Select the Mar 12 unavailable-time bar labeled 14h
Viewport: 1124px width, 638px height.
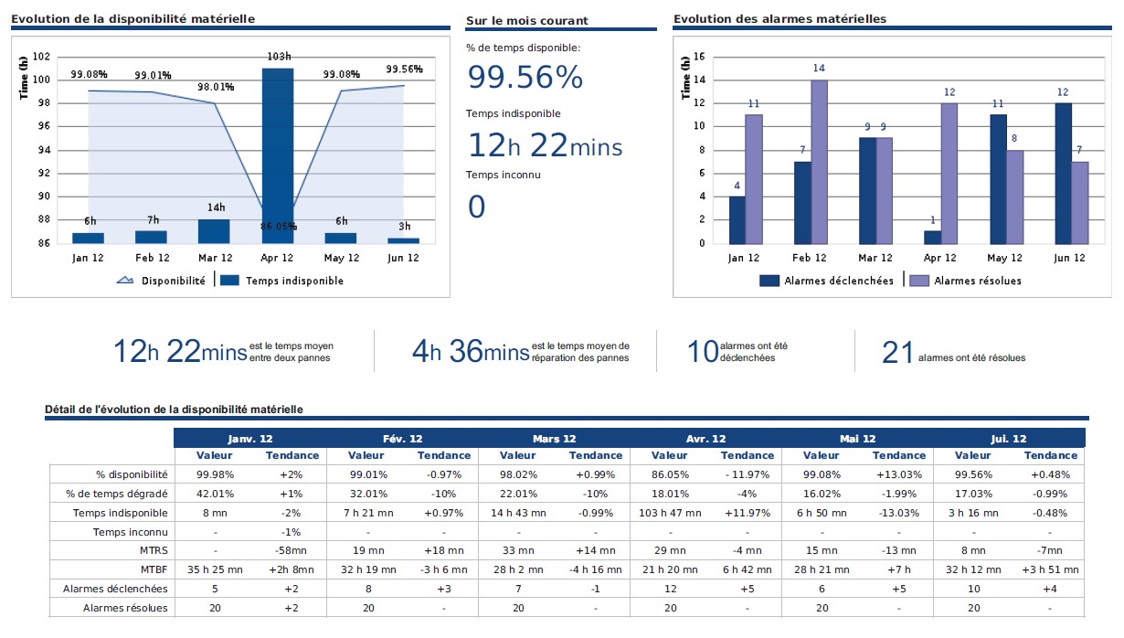(214, 231)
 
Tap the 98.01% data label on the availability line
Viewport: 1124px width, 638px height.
(217, 87)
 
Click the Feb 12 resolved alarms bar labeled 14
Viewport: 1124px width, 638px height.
(819, 162)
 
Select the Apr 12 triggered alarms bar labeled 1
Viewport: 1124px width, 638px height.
(932, 237)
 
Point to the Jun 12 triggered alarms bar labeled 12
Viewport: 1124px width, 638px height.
(1063, 173)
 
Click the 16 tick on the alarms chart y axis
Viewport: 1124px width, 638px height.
(700, 57)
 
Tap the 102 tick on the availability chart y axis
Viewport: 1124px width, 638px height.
(41, 57)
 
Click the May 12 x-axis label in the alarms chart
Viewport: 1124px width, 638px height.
(1004, 259)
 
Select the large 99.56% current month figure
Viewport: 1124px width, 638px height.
(525, 78)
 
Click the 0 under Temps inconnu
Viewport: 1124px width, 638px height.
(476, 207)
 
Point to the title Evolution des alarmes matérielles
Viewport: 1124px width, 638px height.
(779, 19)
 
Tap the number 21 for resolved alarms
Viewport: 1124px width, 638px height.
(897, 352)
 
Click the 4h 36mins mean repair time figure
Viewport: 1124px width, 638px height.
(470, 351)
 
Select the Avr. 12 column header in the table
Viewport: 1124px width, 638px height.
(705, 439)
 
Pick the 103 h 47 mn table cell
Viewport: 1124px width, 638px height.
(671, 513)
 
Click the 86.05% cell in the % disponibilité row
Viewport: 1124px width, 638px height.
(671, 474)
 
